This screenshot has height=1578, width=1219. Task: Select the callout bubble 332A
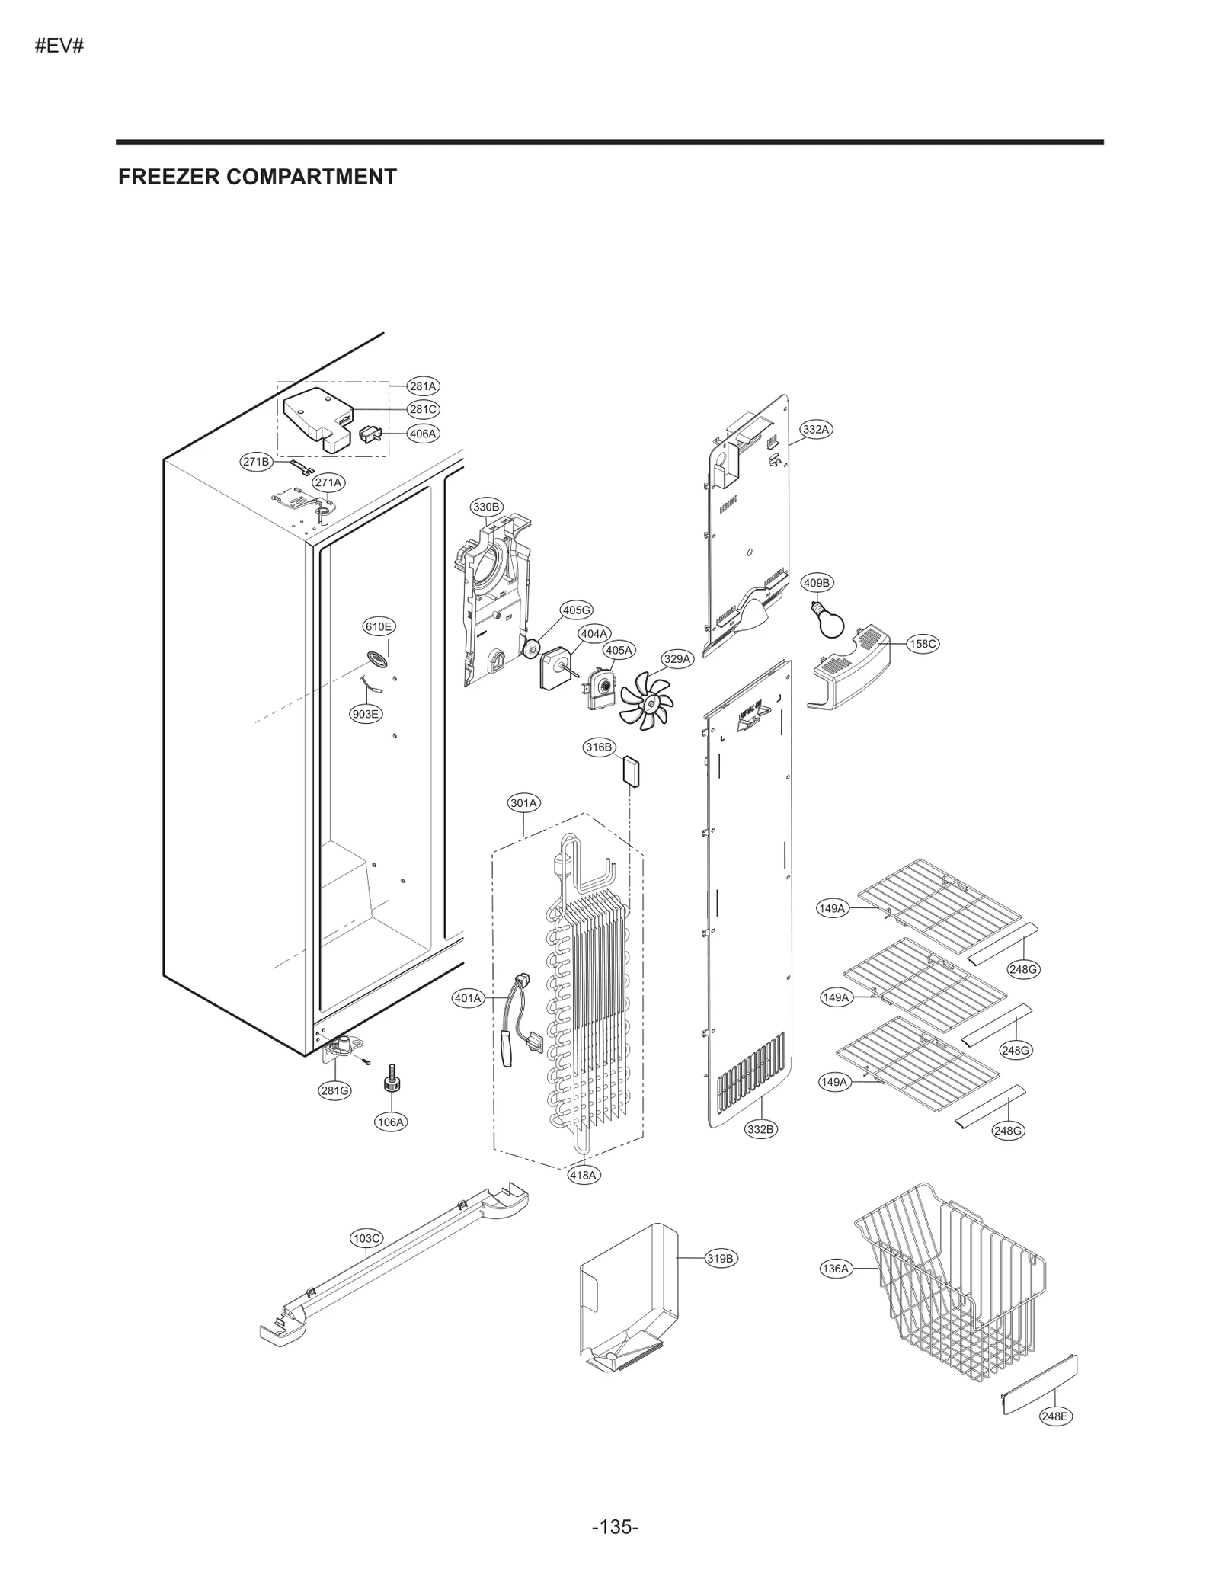pyautogui.click(x=815, y=429)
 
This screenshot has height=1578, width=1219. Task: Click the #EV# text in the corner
pyautogui.click(x=59, y=46)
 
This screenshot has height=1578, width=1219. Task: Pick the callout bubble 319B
pyautogui.click(x=720, y=1258)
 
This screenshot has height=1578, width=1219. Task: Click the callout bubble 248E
pyautogui.click(x=1055, y=1416)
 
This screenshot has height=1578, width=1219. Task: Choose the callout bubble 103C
pyautogui.click(x=366, y=1238)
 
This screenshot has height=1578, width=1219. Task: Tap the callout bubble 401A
pyautogui.click(x=469, y=998)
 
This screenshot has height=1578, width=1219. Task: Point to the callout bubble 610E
pyautogui.click(x=379, y=626)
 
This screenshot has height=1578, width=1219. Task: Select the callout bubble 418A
pyautogui.click(x=584, y=1175)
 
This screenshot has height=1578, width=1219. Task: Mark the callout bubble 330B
pyautogui.click(x=486, y=507)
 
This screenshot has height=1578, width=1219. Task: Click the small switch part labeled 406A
pyautogui.click(x=370, y=435)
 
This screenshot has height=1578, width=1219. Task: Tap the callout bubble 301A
pyautogui.click(x=524, y=802)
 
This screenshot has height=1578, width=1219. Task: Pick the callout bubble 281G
pyautogui.click(x=334, y=1090)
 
